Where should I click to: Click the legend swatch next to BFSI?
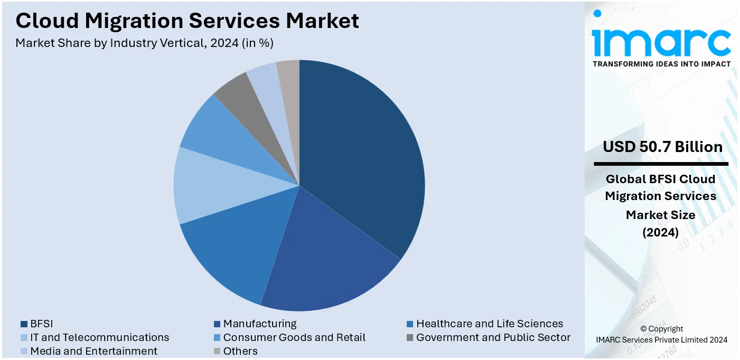pos(24,324)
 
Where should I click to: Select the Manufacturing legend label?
pos(259,324)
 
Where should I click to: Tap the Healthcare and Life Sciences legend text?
pos(489,324)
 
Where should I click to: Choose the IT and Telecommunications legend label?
pos(99,337)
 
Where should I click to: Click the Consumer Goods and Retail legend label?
pos(294,337)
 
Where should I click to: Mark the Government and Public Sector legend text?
pos(493,337)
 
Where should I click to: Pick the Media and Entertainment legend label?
pos(93,351)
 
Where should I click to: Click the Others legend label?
pos(240,351)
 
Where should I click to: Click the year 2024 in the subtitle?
pos(224,43)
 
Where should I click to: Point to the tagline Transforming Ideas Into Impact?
pos(661,64)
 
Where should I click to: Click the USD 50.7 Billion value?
pos(662,147)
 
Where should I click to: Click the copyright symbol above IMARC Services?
pos(643,329)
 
